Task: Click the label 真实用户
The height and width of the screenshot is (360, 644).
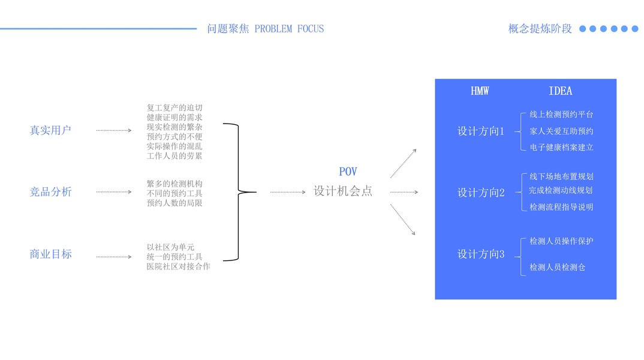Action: (50, 130)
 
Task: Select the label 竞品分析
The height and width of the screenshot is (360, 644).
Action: (50, 192)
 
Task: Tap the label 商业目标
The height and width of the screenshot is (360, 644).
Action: (50, 254)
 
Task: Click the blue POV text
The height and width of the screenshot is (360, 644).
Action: (348, 172)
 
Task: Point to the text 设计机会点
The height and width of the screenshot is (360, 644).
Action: (343, 191)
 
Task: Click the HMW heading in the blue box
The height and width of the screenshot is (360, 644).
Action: (480, 91)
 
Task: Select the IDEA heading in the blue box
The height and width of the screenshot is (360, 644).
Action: (560, 91)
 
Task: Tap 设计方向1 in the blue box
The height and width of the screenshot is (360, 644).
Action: (481, 131)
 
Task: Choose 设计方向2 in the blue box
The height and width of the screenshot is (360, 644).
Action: (481, 193)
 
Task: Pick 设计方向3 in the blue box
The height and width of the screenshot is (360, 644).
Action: (481, 254)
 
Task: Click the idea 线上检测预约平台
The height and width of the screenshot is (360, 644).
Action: (561, 115)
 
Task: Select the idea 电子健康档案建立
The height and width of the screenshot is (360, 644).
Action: (561, 147)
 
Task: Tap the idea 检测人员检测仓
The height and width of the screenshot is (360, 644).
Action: (557, 268)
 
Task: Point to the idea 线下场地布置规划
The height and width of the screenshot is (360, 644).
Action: (561, 176)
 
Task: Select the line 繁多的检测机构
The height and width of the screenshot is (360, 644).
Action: (174, 184)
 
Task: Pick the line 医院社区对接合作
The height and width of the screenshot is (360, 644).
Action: (178, 266)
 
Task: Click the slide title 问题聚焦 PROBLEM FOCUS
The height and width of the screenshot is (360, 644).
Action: (265, 29)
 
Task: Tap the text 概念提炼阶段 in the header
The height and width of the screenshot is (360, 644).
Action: (540, 29)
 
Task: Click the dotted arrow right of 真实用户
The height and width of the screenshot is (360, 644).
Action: (113, 130)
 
